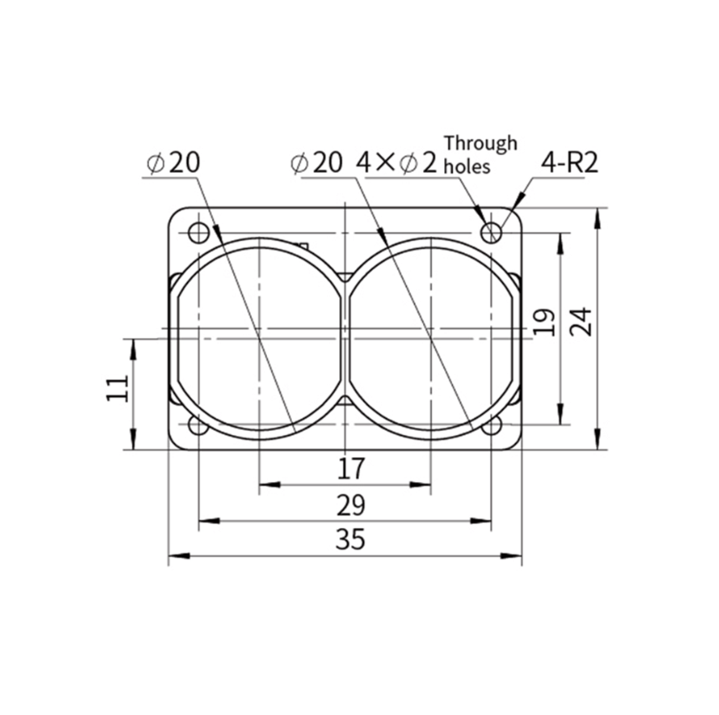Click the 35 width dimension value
tap(350, 539)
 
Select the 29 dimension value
tap(350, 506)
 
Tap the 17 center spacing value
tap(351, 469)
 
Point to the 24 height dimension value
tap(582, 322)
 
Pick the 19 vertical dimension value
tap(545, 322)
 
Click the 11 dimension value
tap(117, 388)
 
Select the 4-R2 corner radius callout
tap(569, 162)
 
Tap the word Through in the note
tap(481, 143)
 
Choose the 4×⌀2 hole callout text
tap(397, 163)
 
